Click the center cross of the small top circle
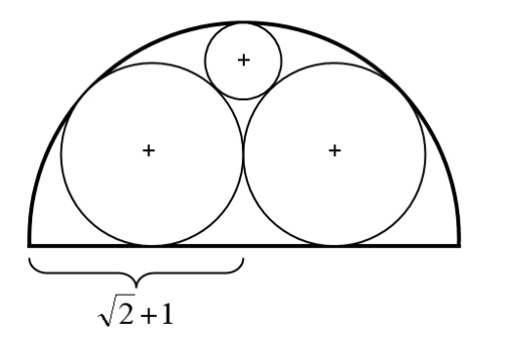click(x=244, y=60)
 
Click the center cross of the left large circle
click(x=148, y=151)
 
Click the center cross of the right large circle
click(x=334, y=151)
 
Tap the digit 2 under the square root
click(x=126, y=313)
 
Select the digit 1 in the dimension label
click(x=167, y=313)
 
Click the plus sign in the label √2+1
click(x=148, y=315)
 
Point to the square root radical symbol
click(x=116, y=310)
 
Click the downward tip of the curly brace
click(x=137, y=287)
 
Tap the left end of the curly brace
click(x=29, y=259)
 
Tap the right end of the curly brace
click(x=243, y=259)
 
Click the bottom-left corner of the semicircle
click(x=29, y=246)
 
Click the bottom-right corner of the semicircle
click(x=458, y=246)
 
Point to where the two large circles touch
click(x=244, y=153)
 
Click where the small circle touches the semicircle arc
click(x=244, y=22)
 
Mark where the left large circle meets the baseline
click(x=152, y=245)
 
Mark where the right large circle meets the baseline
click(x=334, y=245)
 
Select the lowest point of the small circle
click(x=244, y=99)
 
